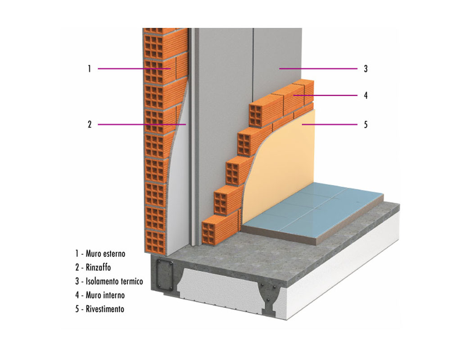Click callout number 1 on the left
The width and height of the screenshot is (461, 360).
pyautogui.click(x=89, y=69)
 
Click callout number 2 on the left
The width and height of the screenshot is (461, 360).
pyautogui.click(x=89, y=125)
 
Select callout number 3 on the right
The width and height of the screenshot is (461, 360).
pyautogui.click(x=366, y=69)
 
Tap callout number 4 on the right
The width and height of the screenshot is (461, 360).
pyautogui.click(x=366, y=95)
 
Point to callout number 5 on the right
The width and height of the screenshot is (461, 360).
pyautogui.click(x=366, y=125)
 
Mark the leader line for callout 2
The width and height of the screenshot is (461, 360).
pyautogui.click(x=140, y=124)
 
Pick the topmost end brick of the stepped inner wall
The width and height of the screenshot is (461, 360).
pyautogui.click(x=258, y=112)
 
